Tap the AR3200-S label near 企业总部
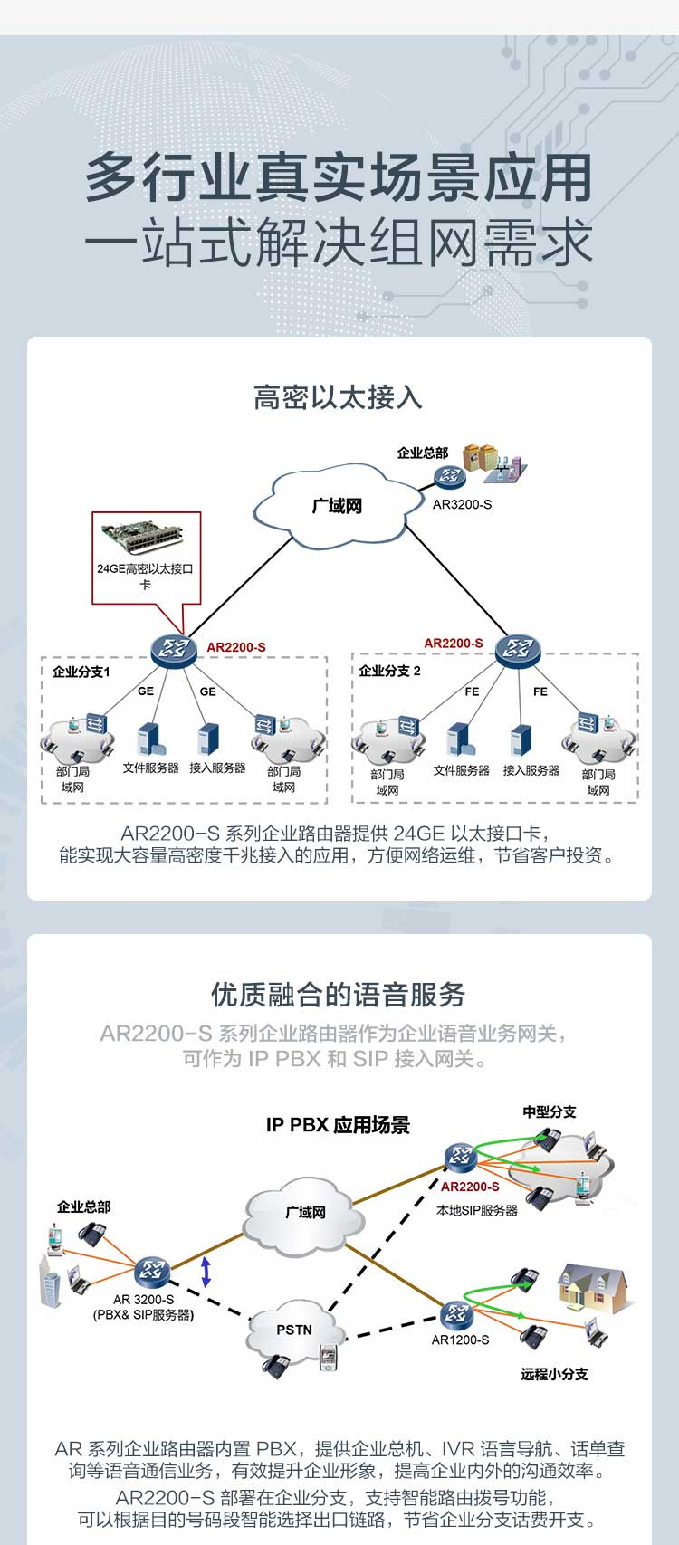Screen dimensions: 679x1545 tap(463, 505)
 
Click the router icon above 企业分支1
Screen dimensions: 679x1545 tap(173, 648)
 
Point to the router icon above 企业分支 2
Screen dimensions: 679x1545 tap(518, 648)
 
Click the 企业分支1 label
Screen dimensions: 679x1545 tap(81, 672)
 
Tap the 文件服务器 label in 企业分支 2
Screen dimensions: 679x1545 tap(462, 770)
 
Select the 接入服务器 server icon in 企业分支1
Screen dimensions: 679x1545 tap(207, 739)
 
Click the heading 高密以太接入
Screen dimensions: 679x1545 tap(338, 398)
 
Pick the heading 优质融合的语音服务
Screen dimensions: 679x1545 tap(338, 995)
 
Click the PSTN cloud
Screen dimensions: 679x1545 tap(294, 1329)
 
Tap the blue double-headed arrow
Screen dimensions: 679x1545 tap(206, 1272)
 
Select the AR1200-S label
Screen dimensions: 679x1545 tap(460, 1340)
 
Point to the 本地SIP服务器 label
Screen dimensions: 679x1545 tap(477, 1210)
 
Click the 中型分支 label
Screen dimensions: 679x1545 tap(550, 1111)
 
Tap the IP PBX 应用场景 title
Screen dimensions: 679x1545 tap(338, 1125)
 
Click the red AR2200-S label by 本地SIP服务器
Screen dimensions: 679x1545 tap(470, 1187)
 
